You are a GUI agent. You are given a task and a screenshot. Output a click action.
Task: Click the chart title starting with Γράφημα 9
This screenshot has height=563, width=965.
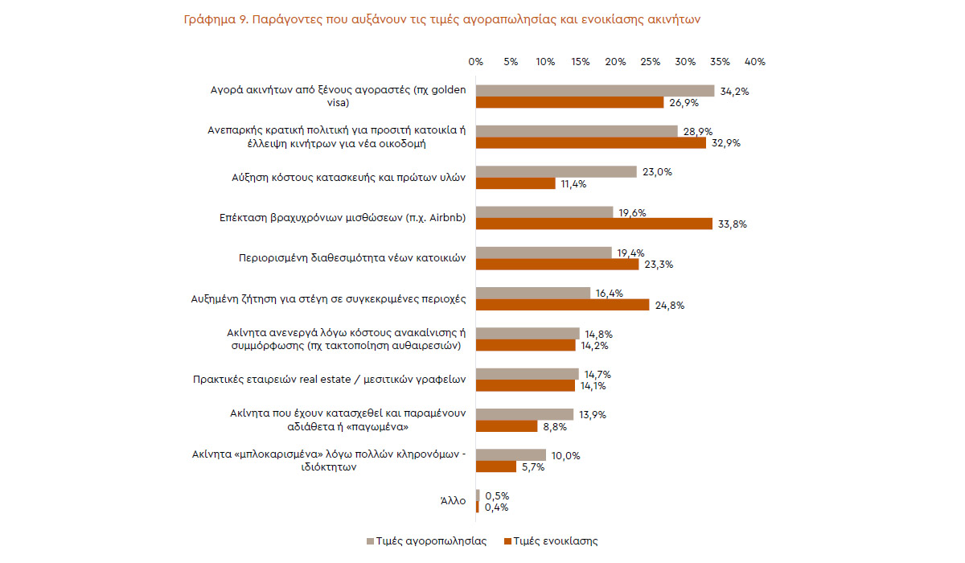click(443, 20)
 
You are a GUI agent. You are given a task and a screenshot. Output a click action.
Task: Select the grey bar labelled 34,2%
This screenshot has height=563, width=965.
click(595, 91)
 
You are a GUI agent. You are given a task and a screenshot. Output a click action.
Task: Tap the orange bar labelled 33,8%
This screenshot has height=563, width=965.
click(594, 224)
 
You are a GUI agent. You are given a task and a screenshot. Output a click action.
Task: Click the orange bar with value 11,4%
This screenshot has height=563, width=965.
click(515, 183)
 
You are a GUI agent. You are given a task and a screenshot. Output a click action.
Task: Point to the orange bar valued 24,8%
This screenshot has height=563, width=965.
click(562, 305)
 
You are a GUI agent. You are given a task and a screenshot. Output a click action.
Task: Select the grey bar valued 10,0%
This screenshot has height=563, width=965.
click(511, 455)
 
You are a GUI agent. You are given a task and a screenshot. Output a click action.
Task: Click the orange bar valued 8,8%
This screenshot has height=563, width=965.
click(507, 426)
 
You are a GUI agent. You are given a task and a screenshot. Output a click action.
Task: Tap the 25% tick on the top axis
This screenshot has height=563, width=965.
click(651, 62)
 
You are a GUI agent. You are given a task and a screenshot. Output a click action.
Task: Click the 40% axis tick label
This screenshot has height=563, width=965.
click(755, 62)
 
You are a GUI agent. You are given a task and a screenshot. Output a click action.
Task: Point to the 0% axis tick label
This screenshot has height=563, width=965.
click(475, 62)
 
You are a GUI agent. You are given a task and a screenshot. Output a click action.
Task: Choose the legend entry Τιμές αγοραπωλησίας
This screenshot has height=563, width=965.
click(431, 541)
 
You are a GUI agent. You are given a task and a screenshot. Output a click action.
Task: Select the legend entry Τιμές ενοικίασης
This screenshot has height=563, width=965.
click(556, 541)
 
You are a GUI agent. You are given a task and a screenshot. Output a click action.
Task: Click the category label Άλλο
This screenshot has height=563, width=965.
click(454, 501)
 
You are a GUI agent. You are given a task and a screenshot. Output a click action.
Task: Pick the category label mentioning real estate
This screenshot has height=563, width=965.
click(330, 380)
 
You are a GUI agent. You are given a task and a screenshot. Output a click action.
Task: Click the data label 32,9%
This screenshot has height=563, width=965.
click(725, 143)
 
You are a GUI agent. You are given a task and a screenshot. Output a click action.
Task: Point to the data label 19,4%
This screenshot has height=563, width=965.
click(630, 253)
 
